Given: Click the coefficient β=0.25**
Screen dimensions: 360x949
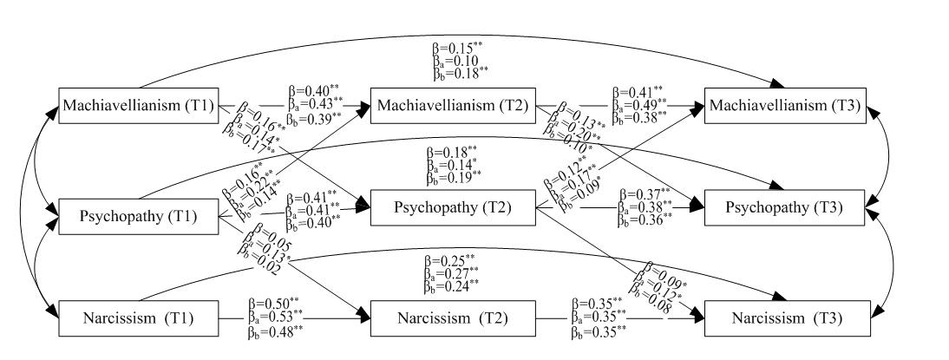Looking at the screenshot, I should [x=449, y=259].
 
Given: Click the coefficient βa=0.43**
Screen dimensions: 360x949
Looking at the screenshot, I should [x=314, y=103].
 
